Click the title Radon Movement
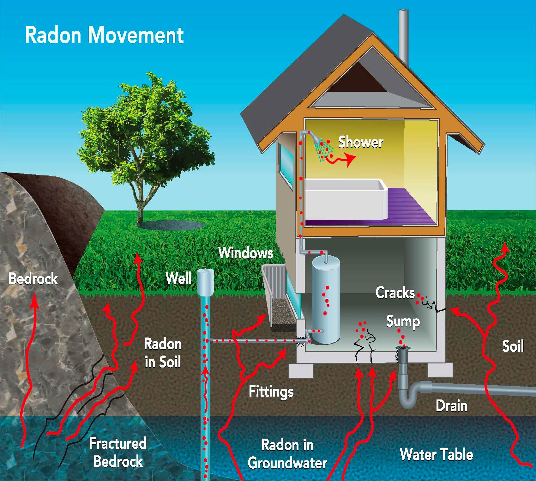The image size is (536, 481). [x=104, y=35]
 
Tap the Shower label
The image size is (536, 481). [x=361, y=142]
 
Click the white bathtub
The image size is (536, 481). [x=346, y=199]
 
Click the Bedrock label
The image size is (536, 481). [x=33, y=279]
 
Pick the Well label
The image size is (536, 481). [x=178, y=278]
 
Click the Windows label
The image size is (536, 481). [x=246, y=253]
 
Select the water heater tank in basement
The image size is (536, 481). [x=326, y=300]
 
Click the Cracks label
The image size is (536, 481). [x=395, y=293]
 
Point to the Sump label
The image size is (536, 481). [x=403, y=322]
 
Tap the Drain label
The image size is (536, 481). [x=452, y=406]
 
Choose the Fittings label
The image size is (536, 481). [x=271, y=392]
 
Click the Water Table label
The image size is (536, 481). [x=436, y=454]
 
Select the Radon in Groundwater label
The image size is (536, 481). [x=287, y=454]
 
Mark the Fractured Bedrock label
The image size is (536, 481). [x=118, y=452]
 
